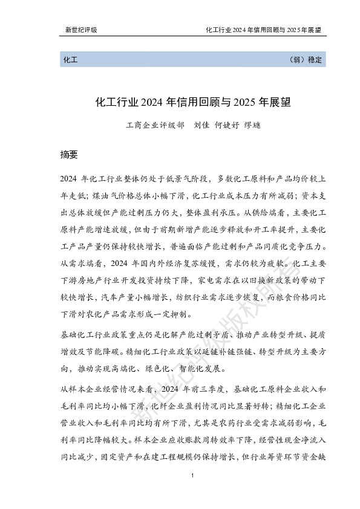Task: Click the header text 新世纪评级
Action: coord(81,30)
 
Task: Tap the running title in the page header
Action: coord(263,30)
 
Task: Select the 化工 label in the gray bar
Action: coord(68,60)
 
